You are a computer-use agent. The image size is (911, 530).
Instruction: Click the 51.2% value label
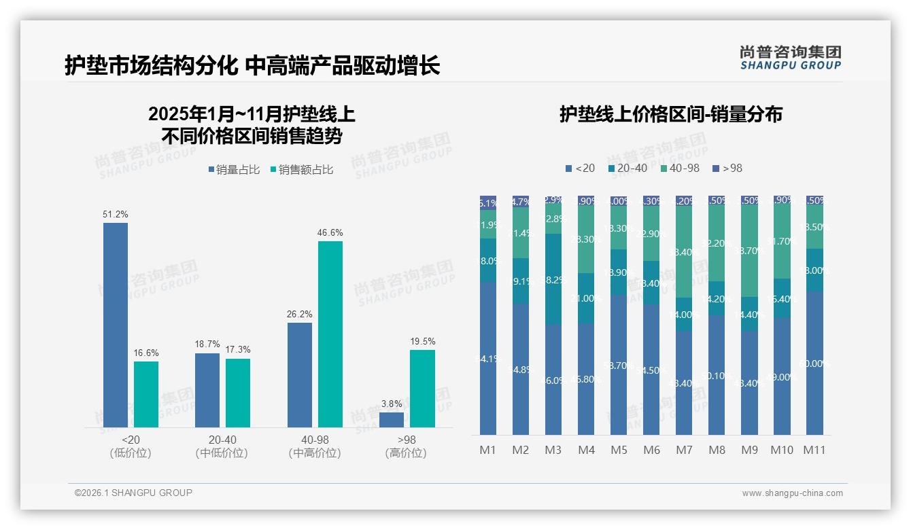[116, 214]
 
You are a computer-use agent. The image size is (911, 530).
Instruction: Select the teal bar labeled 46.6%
[330, 334]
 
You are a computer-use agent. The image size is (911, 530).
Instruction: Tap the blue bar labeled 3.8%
[392, 420]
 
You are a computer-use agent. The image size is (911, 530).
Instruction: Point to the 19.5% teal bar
[422, 388]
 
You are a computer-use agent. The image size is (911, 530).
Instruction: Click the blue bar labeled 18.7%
[207, 390]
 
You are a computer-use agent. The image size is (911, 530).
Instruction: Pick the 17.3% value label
[237, 349]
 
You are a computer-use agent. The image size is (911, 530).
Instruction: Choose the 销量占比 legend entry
[234, 170]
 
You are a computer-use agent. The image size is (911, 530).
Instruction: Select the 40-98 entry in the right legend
[679, 168]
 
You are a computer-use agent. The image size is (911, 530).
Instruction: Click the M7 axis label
[684, 450]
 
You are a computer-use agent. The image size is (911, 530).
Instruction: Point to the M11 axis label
[814, 450]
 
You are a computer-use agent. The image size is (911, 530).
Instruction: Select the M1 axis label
[488, 450]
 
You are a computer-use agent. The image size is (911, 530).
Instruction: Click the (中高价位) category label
[315, 453]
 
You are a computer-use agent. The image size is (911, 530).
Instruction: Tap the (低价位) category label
[131, 453]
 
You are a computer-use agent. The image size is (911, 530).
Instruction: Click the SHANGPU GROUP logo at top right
[791, 58]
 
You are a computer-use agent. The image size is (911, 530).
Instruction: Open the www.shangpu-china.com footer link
[792, 493]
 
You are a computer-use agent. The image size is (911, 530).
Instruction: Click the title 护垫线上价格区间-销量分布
[670, 114]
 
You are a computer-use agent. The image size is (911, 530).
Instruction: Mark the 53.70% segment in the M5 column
[619, 365]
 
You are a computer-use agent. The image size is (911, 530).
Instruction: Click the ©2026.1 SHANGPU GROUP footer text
[133, 493]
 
